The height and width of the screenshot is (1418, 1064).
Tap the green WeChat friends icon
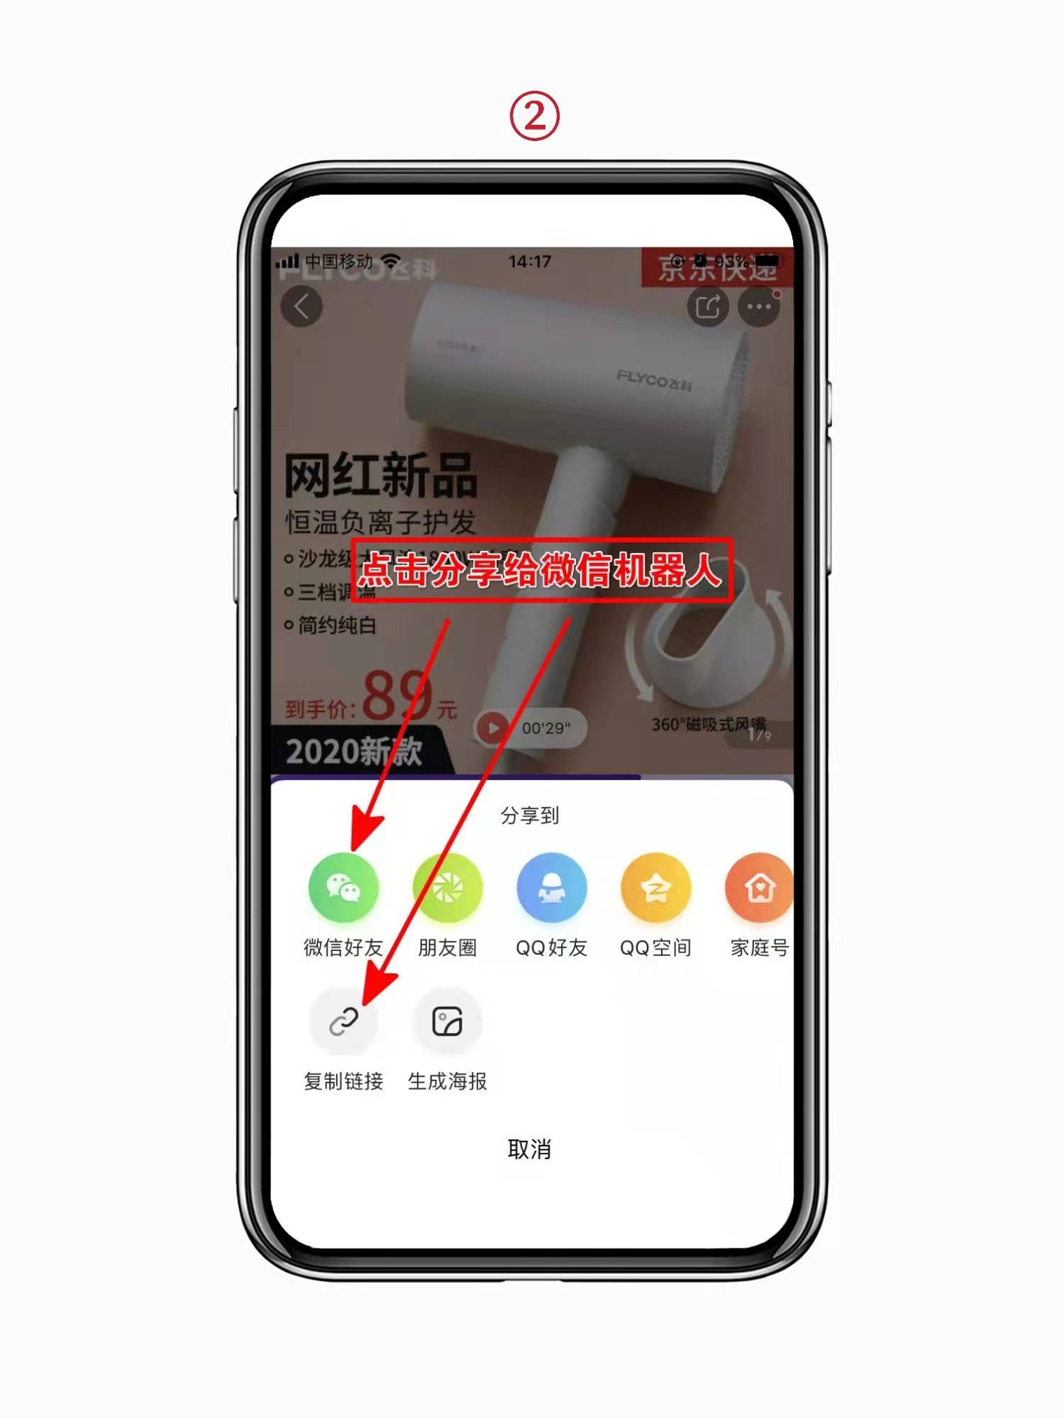343,888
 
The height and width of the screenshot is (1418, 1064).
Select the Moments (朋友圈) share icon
447,888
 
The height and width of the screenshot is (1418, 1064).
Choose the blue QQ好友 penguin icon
551,888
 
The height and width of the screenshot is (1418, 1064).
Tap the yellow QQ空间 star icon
655,888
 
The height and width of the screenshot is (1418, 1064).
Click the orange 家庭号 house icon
759,888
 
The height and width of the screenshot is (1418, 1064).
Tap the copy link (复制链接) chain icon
343,1022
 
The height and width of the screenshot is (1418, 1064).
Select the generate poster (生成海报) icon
447,1022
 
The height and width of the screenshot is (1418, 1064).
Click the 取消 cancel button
529,1149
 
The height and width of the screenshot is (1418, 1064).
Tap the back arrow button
301,306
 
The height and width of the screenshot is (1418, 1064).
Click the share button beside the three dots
707,306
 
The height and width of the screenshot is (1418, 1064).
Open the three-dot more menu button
759,306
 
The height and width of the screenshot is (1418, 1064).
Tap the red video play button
493,727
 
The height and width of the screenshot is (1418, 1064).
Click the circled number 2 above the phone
535,116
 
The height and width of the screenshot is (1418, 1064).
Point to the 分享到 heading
529,815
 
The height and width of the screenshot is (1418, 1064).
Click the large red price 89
397,695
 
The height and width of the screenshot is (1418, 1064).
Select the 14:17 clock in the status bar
529,262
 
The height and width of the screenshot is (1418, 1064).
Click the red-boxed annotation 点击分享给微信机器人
541,570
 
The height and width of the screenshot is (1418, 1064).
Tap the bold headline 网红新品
380,475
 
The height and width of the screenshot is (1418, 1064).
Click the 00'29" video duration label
545,728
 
